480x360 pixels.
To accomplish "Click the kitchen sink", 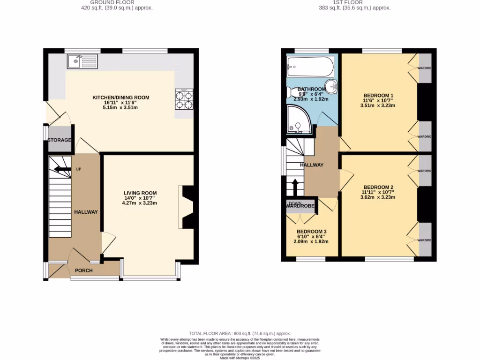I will [82, 61].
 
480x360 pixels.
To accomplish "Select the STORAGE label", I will [59, 140].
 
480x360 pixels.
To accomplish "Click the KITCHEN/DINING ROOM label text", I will [120, 97].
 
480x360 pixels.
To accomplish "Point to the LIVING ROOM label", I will [140, 193].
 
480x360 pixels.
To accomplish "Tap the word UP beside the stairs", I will [78, 169].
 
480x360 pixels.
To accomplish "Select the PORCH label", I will [84, 270].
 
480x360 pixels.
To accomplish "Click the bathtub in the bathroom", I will [310, 67].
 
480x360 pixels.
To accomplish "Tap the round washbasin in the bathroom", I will [332, 86].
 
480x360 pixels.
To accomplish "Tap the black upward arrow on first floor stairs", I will [295, 187].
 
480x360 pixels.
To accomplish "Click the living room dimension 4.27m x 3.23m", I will [140, 203].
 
